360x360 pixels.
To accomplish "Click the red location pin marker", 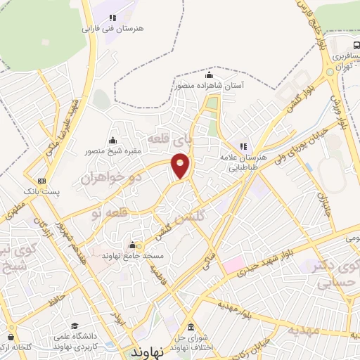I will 181,165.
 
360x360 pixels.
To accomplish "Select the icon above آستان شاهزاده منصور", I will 208,76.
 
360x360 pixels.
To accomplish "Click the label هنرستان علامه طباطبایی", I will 243,160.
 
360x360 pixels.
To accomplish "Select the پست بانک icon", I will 42,181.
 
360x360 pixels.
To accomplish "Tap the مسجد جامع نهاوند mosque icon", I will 132,246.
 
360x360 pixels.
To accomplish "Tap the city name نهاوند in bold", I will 148,349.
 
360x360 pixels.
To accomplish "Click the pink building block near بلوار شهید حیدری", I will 233,266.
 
